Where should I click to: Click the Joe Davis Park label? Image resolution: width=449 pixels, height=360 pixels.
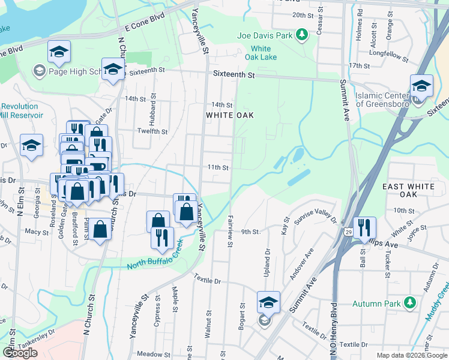265,35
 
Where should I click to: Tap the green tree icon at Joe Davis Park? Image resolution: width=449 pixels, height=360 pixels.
304,35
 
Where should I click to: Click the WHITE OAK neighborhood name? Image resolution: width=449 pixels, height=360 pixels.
230,115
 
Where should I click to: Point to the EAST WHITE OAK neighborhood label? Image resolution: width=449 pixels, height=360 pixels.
408,191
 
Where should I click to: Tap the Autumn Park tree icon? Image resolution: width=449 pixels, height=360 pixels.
411,303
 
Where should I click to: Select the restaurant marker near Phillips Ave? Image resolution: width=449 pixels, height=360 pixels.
364,227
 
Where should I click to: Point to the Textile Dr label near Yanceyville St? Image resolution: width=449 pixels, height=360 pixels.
207,280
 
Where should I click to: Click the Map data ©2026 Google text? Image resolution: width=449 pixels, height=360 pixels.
411,355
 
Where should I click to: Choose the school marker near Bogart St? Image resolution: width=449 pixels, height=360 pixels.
268,302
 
